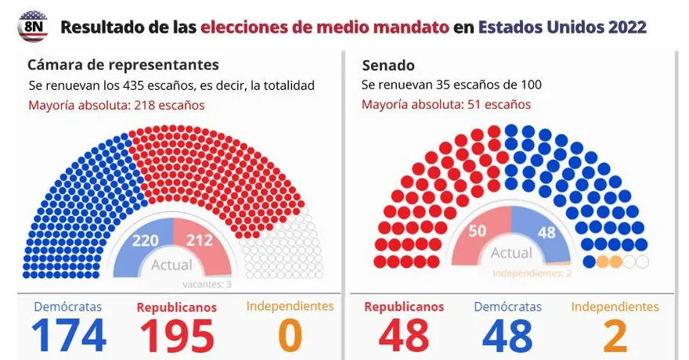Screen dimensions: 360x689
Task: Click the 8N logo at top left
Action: pyautogui.click(x=32, y=27)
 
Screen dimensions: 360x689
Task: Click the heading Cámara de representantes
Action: pyautogui.click(x=123, y=64)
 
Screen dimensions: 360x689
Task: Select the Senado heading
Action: pyautogui.click(x=388, y=65)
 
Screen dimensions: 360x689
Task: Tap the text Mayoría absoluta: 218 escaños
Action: pyautogui.click(x=117, y=105)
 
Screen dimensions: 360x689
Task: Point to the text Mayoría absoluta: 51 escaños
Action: pyautogui.click(x=446, y=104)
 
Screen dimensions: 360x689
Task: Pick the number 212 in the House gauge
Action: pyautogui.click(x=200, y=240)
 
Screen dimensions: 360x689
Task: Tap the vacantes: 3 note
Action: pyautogui.click(x=207, y=283)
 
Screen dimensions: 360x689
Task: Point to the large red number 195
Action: pyautogui.click(x=177, y=336)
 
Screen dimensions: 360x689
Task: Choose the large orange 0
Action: pyautogui.click(x=290, y=336)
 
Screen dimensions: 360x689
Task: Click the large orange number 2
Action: pyautogui.click(x=615, y=336)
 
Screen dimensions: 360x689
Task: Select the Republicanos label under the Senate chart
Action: pyautogui.click(x=404, y=307)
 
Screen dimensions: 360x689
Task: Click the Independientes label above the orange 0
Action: pyautogui.click(x=290, y=306)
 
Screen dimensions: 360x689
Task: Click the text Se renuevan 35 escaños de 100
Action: pyautogui.click(x=452, y=85)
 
